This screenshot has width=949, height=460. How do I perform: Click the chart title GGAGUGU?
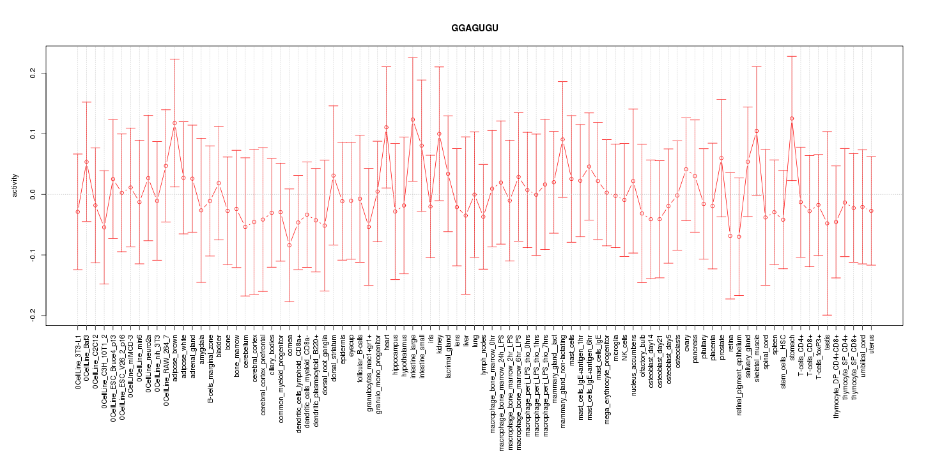(x=474, y=29)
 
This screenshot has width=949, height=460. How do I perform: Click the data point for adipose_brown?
(x=174, y=123)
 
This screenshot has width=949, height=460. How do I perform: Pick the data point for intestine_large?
(x=413, y=119)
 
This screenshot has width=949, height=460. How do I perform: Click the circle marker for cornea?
(x=289, y=245)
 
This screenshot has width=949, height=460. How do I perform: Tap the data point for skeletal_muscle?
(x=757, y=131)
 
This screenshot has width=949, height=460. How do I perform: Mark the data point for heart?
(x=386, y=127)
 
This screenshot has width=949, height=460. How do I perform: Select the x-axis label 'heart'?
(x=386, y=343)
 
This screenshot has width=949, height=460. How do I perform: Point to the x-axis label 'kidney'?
(x=439, y=344)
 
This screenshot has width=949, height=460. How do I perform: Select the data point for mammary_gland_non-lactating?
(x=562, y=139)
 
